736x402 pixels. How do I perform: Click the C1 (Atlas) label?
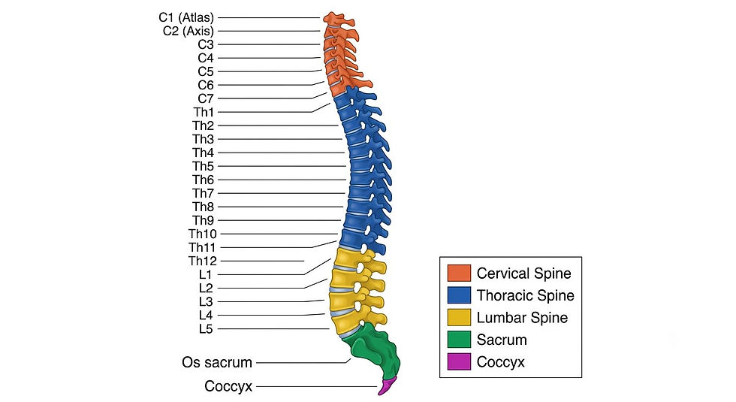186,18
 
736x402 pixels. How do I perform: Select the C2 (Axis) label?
189,31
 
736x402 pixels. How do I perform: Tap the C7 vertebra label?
206,98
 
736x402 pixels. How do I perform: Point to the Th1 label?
204,112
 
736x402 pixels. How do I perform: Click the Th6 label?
204,180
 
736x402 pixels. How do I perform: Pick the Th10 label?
203,234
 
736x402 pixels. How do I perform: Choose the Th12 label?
203,261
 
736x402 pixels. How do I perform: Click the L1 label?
206,275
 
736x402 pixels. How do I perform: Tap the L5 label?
206,329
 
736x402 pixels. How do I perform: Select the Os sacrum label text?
217,362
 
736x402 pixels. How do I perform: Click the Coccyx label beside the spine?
228,386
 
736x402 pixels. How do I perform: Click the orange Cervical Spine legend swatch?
459,273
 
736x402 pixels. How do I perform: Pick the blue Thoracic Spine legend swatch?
459,295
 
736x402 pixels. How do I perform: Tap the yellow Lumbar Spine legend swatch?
459,317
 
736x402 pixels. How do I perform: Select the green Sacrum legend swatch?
459,340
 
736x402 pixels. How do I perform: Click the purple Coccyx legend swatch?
459,361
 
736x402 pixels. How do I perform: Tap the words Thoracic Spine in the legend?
525,295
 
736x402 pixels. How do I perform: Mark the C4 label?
206,59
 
